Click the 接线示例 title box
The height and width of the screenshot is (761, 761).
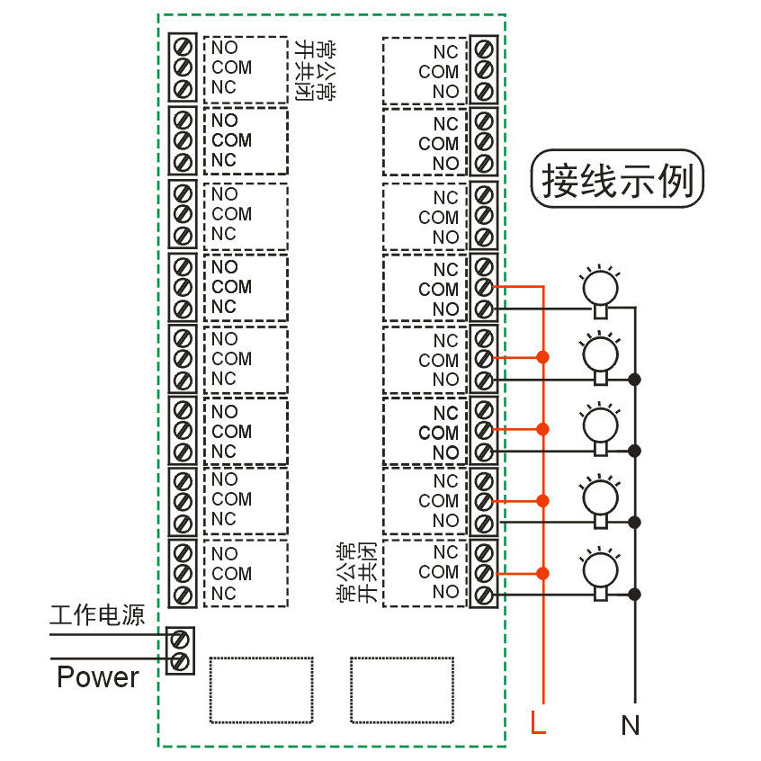[617, 181]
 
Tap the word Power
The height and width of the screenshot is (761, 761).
[98, 676]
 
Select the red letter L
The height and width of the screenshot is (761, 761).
[538, 722]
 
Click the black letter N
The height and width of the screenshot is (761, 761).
[631, 724]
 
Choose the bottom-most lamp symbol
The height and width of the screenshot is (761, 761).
[599, 569]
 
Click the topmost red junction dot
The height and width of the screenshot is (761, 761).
[543, 358]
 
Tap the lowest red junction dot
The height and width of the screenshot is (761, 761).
[543, 573]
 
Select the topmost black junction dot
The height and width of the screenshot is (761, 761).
[635, 379]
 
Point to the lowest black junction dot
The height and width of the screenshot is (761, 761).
[635, 594]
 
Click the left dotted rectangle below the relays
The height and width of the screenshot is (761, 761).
[263, 689]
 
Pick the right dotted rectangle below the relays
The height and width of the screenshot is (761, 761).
[403, 689]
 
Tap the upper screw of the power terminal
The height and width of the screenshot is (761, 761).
[180, 640]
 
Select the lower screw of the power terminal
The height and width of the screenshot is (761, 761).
[180, 662]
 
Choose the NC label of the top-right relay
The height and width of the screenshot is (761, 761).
[445, 52]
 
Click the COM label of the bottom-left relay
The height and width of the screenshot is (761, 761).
[232, 573]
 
